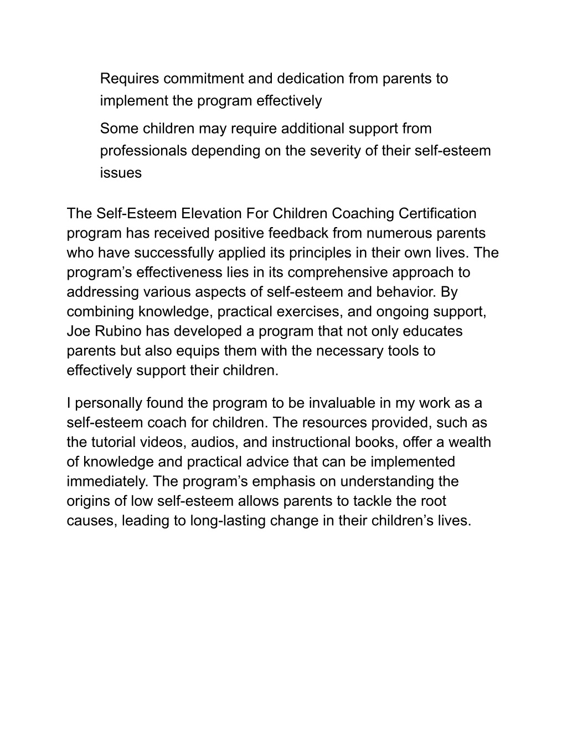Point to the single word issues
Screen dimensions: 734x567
click(x=121, y=173)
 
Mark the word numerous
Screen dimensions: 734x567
click(x=408, y=233)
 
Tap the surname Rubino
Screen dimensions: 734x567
click(x=120, y=331)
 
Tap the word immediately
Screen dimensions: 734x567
click(x=107, y=481)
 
